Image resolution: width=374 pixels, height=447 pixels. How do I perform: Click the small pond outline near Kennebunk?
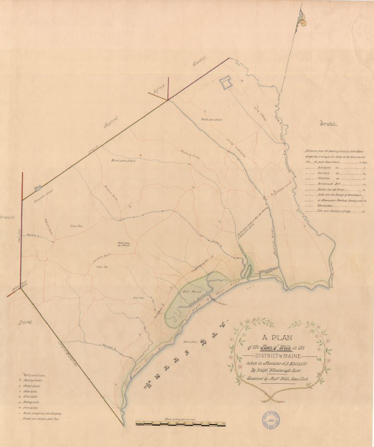[x=226, y=81]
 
